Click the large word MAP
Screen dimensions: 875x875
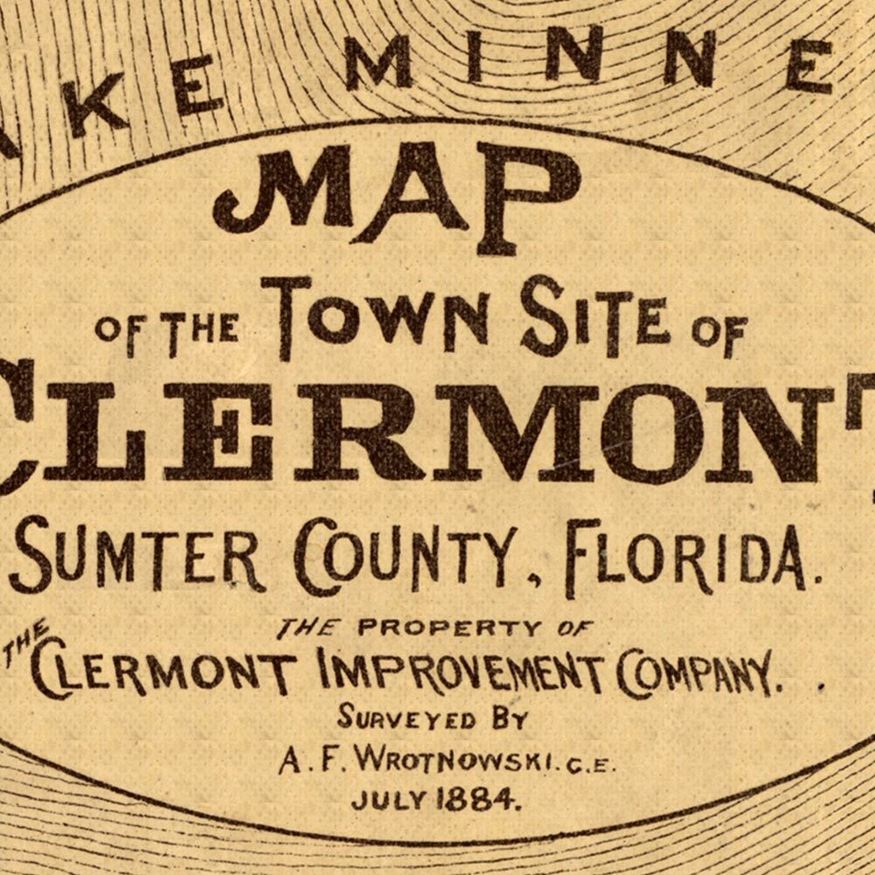coord(398,198)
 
